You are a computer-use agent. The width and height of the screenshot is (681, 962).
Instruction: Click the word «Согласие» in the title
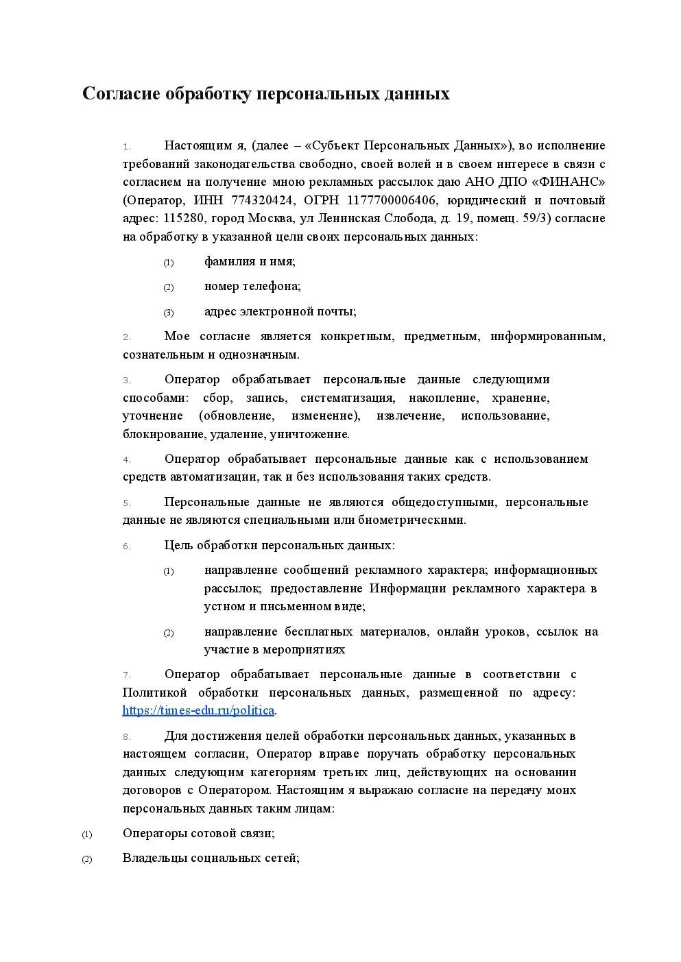(x=122, y=94)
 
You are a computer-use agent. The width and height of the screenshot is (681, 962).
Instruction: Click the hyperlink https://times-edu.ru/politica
(x=199, y=710)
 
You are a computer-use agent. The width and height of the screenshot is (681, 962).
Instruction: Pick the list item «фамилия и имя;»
(x=250, y=261)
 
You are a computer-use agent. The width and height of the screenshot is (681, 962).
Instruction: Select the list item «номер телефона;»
(x=252, y=286)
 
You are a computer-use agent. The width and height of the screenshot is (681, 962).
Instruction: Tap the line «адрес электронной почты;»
(x=280, y=311)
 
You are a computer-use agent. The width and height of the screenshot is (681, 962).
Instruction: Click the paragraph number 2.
(x=127, y=337)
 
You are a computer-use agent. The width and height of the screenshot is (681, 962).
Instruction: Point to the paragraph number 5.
(x=127, y=503)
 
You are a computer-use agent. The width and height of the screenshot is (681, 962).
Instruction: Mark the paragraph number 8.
(x=127, y=736)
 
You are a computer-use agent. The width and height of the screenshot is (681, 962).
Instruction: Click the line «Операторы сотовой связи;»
(x=198, y=833)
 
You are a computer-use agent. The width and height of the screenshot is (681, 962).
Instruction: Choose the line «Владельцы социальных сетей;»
(x=211, y=858)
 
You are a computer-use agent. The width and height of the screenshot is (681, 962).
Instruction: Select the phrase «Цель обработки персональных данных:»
(x=279, y=545)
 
